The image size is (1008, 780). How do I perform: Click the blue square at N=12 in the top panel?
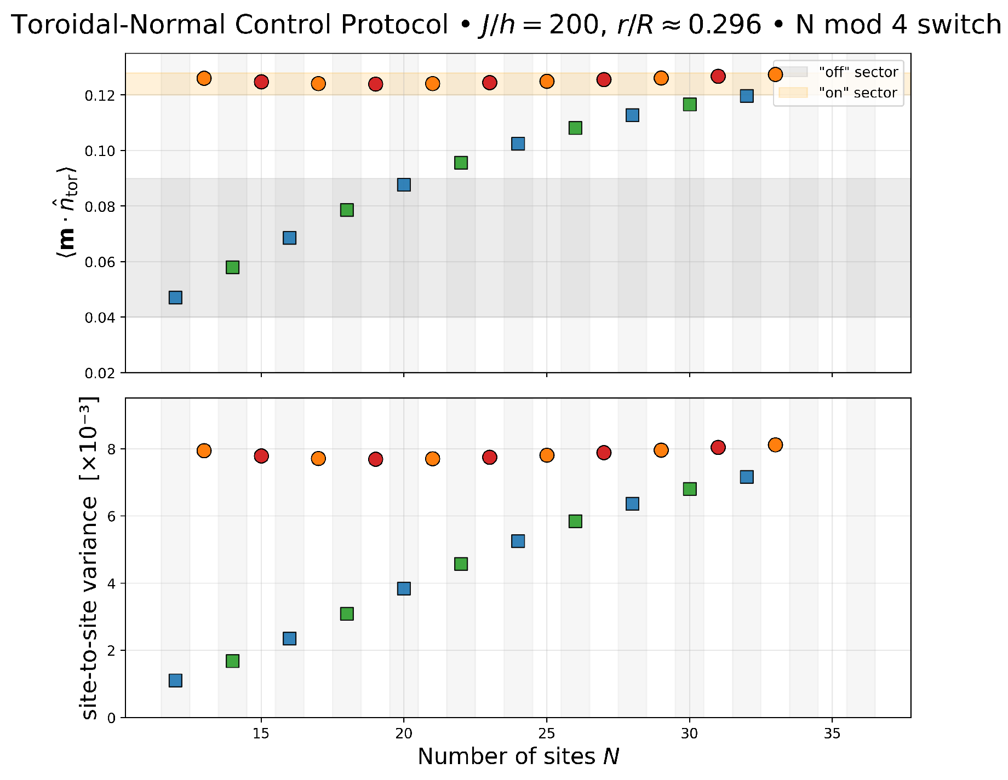[175, 297]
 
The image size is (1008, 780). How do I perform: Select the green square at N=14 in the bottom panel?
[232, 661]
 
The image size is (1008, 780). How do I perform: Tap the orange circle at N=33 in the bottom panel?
[775, 444]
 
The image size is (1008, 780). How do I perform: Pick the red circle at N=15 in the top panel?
[261, 82]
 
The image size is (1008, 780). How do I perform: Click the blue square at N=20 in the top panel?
[404, 184]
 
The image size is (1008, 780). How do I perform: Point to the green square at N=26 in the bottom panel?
[575, 521]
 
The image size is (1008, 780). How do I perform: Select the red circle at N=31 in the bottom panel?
[718, 447]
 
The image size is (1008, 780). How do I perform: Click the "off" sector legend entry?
[858, 72]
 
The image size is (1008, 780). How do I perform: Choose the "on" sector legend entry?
[858, 93]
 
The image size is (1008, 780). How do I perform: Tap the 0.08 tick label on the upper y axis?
[101, 206]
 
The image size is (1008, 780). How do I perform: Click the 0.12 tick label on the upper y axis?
[101, 95]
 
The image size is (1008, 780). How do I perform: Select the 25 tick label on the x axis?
[546, 733]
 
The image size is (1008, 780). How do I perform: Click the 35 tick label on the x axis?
[832, 733]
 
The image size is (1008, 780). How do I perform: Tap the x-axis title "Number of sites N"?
[518, 757]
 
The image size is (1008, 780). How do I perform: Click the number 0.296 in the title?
[724, 25]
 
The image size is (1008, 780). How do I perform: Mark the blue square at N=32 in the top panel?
[747, 96]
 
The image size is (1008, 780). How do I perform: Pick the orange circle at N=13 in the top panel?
[204, 78]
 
